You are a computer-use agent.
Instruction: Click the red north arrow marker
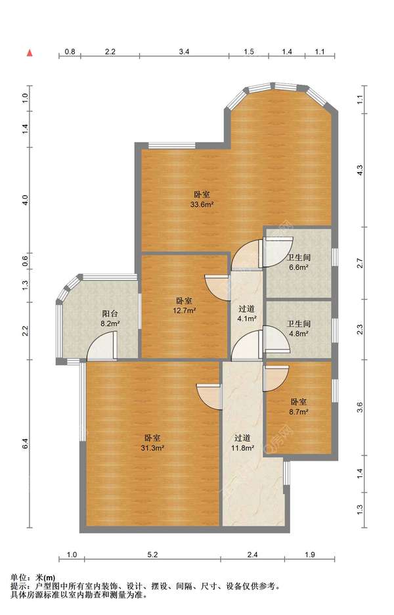tap(30, 53)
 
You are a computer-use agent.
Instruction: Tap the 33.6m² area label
tap(202, 204)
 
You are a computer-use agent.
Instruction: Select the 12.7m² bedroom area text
tap(185, 311)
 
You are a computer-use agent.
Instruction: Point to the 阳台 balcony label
tap(110, 314)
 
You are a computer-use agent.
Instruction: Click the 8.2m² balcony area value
tap(110, 324)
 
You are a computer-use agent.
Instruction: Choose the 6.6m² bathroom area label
tap(299, 267)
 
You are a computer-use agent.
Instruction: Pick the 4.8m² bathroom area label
tap(299, 334)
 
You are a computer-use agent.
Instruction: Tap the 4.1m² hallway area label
tap(247, 319)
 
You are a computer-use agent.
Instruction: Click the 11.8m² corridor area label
tap(243, 448)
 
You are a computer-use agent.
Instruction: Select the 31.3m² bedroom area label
tap(152, 448)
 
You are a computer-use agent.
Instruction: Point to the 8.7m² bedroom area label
tap(299, 412)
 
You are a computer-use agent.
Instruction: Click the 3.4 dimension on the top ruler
tap(185, 51)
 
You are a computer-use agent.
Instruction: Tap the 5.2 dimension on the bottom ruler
tap(152, 555)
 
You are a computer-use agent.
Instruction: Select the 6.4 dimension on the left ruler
tap(25, 444)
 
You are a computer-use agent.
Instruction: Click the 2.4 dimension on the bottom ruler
tap(252, 555)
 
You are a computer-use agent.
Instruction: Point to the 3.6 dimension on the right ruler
tap(360, 408)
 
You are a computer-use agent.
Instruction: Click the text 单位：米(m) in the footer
tap(33, 578)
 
